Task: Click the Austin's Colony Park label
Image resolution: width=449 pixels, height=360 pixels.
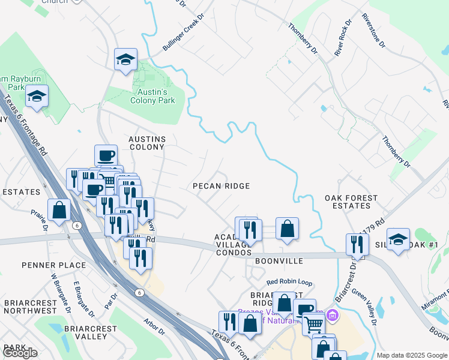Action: coord(152,96)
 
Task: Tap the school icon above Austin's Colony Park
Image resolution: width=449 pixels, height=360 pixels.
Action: coord(126,59)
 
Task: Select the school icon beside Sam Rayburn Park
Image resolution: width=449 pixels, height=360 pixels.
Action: coord(37,97)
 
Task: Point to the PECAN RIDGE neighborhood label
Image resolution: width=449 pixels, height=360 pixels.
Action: coord(221,186)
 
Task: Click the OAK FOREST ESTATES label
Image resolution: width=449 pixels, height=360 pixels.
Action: coord(351,202)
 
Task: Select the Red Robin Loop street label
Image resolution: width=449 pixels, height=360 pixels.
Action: coord(290,281)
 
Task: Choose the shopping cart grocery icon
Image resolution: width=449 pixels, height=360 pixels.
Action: coord(313,324)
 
